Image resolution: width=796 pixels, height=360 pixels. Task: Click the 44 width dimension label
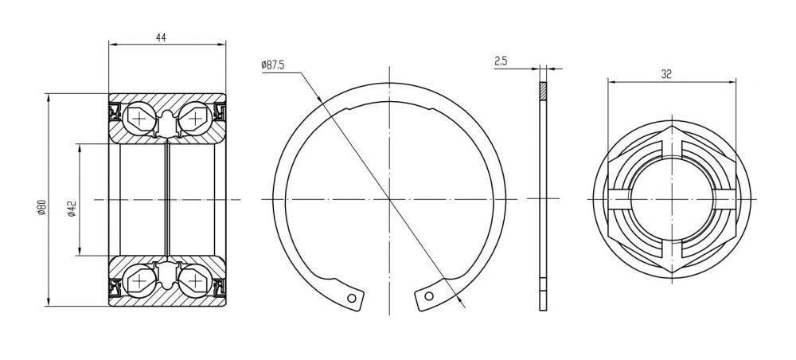pos(162,37)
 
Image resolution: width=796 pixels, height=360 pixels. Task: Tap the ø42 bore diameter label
pos(72,209)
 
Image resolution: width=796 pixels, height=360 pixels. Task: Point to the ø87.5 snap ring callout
pos(272,65)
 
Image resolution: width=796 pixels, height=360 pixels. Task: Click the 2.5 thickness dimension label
pos(501,61)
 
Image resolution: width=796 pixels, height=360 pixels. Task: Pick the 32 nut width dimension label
pos(666,74)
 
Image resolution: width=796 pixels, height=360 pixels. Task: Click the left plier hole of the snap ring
pos(352,298)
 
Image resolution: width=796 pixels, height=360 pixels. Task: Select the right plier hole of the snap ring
pos(429,296)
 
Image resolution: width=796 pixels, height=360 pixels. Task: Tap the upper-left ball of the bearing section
pos(139,119)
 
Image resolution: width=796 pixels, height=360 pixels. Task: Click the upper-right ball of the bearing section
pos(195,119)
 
